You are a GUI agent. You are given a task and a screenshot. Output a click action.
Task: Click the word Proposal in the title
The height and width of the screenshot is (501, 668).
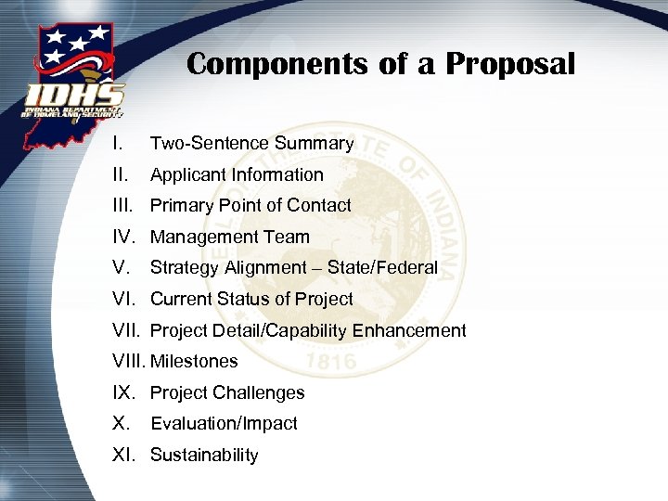[512, 64]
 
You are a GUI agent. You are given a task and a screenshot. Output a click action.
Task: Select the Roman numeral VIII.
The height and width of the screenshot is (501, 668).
[128, 361]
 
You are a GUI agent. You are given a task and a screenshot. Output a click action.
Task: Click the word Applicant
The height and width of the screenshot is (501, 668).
[189, 174]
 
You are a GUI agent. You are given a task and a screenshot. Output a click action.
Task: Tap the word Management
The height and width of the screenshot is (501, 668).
[207, 237]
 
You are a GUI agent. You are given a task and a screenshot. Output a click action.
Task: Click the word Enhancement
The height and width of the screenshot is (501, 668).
[405, 330]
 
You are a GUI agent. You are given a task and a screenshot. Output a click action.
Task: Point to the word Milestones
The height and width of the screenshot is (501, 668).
[194, 361]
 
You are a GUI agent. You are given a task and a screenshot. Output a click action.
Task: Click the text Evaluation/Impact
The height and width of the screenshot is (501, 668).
[224, 423]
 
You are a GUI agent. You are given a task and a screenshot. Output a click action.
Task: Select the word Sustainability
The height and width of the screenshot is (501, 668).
[204, 455]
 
